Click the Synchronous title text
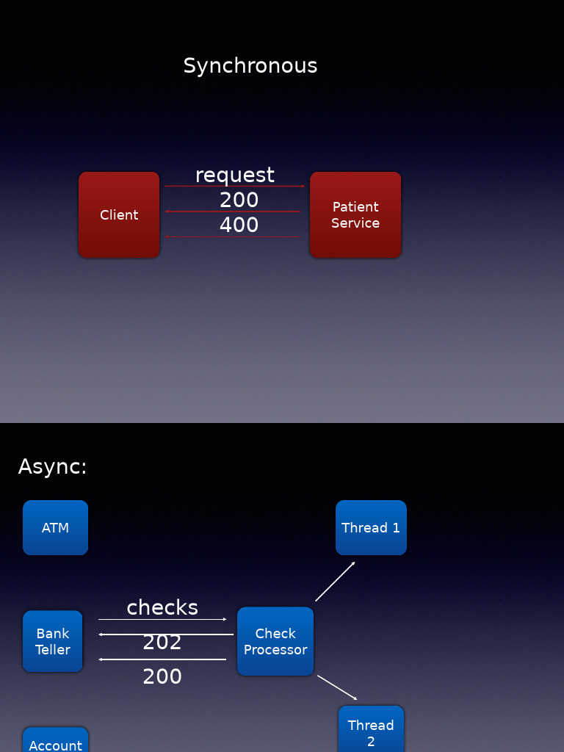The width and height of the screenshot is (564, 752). click(250, 66)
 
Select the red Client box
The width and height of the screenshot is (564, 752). click(119, 214)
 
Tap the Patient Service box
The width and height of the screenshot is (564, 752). click(355, 214)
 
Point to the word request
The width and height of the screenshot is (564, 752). click(234, 175)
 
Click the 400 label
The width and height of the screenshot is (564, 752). click(239, 225)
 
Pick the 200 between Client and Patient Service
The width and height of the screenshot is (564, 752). click(239, 200)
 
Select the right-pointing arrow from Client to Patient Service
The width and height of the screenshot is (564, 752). click(234, 187)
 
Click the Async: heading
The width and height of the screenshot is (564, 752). click(52, 467)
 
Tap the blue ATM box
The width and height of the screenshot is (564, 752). click(55, 527)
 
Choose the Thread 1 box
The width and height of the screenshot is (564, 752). click(371, 527)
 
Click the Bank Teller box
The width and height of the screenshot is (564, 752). click(53, 641)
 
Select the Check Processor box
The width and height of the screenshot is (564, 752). click(275, 641)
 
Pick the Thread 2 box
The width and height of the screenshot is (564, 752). click(371, 730)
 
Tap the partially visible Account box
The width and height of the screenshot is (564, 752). click(55, 742)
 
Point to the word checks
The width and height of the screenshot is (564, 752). click(162, 607)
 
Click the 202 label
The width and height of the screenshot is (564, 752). click(162, 643)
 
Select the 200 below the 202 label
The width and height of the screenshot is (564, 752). click(162, 676)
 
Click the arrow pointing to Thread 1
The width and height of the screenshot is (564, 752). click(336, 582)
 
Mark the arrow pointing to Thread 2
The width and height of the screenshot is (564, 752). click(337, 687)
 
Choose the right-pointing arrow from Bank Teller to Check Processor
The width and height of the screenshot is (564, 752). click(162, 620)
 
